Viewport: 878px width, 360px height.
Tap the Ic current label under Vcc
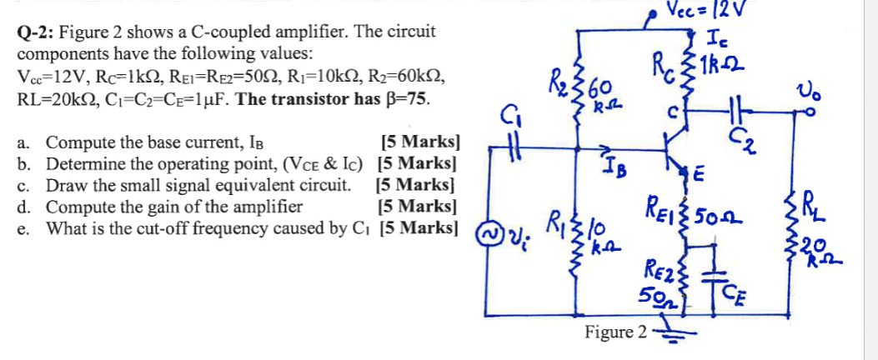pyautogui.click(x=717, y=37)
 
